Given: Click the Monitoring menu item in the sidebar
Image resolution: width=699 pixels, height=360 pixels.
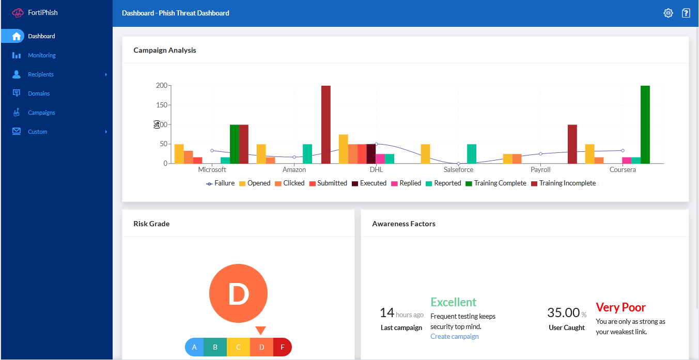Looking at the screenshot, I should coord(41,55).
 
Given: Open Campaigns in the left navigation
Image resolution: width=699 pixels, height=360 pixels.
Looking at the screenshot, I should coord(41,113).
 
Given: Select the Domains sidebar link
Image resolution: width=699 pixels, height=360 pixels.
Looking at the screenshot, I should coord(39,93).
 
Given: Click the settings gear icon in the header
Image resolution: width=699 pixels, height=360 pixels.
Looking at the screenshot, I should coord(668,13).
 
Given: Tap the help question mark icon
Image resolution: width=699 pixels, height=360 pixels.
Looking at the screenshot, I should coord(686,13).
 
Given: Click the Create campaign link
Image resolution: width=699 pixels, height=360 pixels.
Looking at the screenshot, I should coord(454,337).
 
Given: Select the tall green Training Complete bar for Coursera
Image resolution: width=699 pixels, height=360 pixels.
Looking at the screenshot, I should coord(645,124).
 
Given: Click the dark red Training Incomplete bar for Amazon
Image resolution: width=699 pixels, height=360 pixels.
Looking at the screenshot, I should coord(325,124).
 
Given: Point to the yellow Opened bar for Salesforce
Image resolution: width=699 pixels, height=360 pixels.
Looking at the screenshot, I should coord(425,154).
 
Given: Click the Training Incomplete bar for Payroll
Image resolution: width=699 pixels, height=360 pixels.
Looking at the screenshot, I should coord(572,144).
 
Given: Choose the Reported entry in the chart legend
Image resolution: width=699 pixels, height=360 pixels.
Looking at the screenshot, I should coord(443,183).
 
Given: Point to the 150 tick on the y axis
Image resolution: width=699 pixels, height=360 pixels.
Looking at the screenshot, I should coord(162,105).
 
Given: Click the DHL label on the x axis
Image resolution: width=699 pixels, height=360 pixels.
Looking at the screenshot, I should coord(376,169).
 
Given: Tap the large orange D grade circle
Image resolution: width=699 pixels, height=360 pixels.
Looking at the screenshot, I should coord(238,293).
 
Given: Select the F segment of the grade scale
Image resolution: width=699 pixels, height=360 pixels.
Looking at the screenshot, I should coord(282,347).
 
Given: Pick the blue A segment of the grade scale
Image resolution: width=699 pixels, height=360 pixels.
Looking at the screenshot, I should coord(195,347).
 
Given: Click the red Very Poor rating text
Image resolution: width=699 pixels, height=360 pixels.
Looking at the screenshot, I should coord(620,307).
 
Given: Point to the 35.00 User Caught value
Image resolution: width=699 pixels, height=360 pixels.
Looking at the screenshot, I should coord(563,312).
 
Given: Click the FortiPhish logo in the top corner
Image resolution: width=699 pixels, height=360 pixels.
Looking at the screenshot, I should coord(35,12).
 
